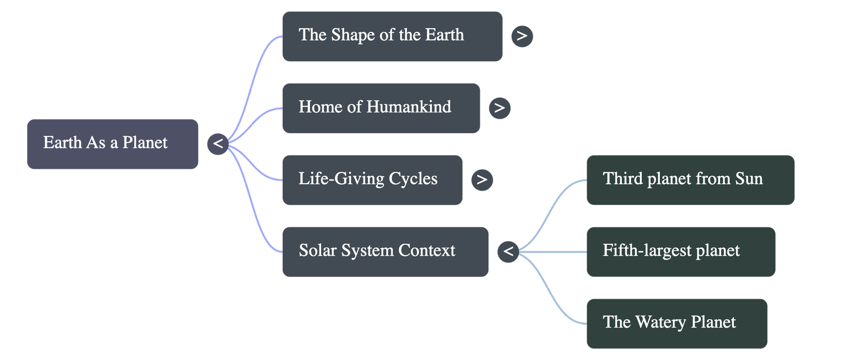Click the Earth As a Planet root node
tap(112, 144)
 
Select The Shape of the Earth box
tap(392, 36)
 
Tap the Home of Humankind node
tap(381, 108)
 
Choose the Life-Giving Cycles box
tap(372, 179)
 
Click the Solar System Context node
tap(385, 251)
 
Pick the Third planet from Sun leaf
tap(690, 179)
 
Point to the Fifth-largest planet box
tap(681, 251)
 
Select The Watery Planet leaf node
tap(676, 323)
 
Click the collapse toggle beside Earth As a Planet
tap(218, 144)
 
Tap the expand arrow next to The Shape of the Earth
tap(522, 36)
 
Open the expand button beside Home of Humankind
tap(499, 108)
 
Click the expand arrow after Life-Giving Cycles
tap(482, 179)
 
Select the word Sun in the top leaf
tap(749, 178)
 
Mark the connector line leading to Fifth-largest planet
tap(554, 251)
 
